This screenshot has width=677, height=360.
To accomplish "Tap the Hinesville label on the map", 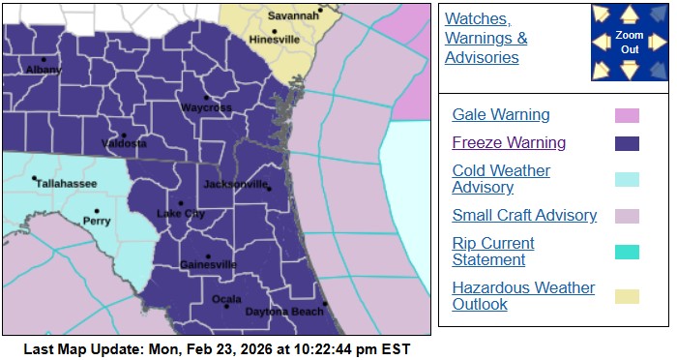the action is pyautogui.click(x=274, y=42).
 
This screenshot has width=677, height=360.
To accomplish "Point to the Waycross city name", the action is pyautogui.click(x=205, y=107).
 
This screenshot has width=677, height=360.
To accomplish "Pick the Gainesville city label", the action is pyautogui.click(x=208, y=264).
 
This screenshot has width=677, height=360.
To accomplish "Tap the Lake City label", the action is pyautogui.click(x=181, y=213).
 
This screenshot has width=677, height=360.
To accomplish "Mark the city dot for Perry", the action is pyautogui.click(x=97, y=210).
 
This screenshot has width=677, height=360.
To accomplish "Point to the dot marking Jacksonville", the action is pyautogui.click(x=270, y=188).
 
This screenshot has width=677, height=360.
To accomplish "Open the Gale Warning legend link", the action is pyautogui.click(x=501, y=115).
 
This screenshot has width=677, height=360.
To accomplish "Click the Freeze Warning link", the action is pyautogui.click(x=509, y=143).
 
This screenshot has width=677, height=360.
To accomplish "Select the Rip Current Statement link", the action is pyautogui.click(x=493, y=252).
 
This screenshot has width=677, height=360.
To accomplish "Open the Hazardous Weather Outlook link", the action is pyautogui.click(x=523, y=296).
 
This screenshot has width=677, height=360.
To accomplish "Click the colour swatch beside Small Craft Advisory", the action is pyautogui.click(x=627, y=216).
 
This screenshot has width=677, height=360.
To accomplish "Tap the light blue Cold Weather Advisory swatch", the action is pyautogui.click(x=627, y=179).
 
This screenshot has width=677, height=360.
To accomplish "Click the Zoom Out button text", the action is pyautogui.click(x=630, y=42).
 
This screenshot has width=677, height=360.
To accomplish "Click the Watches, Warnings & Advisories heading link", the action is pyautogui.click(x=486, y=39).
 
